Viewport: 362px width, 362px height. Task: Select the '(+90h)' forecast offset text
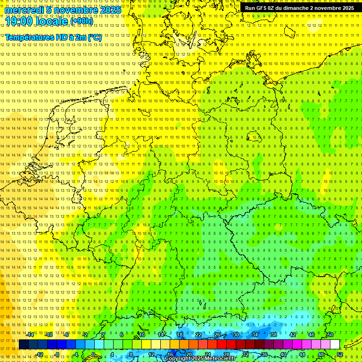[x=82, y=21]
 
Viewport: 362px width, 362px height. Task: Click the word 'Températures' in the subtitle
[x=29, y=37]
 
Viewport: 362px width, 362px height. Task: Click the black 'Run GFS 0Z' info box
[x=300, y=8]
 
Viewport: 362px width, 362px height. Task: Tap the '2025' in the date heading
[x=110, y=10]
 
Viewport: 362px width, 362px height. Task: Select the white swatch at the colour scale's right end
[x=335, y=345]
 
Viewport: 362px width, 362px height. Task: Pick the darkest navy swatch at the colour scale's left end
[x=24, y=345]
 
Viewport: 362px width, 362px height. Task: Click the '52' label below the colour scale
[x=340, y=354]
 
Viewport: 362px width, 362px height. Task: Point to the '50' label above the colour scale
[x=330, y=335]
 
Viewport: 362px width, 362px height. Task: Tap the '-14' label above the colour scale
[x=30, y=335]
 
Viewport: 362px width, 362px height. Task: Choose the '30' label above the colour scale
[x=236, y=335]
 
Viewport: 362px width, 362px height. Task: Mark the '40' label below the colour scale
[x=283, y=354]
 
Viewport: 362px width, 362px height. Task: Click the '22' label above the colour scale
[x=198, y=335]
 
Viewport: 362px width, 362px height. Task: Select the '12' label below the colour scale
[x=151, y=354]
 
